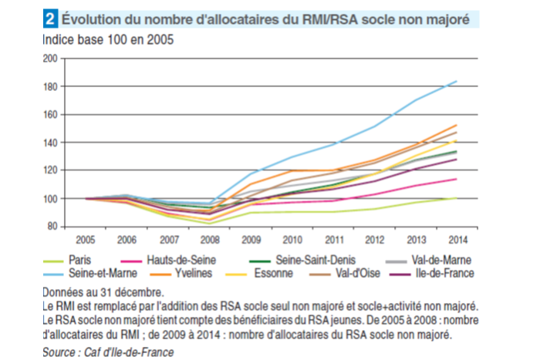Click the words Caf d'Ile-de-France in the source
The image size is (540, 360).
pyautogui.click(x=130, y=351)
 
